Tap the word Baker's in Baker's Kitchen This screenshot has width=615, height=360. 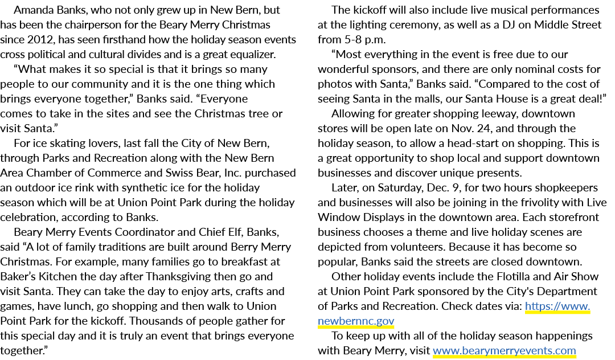[18, 276]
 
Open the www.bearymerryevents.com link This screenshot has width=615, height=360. [505, 350]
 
